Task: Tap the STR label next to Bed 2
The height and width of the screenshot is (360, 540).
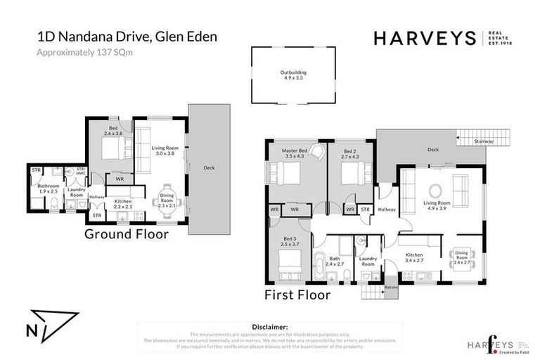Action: click(x=365, y=209)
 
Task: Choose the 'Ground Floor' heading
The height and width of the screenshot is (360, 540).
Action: click(x=127, y=234)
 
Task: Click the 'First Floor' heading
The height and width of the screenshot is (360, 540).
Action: click(x=297, y=295)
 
